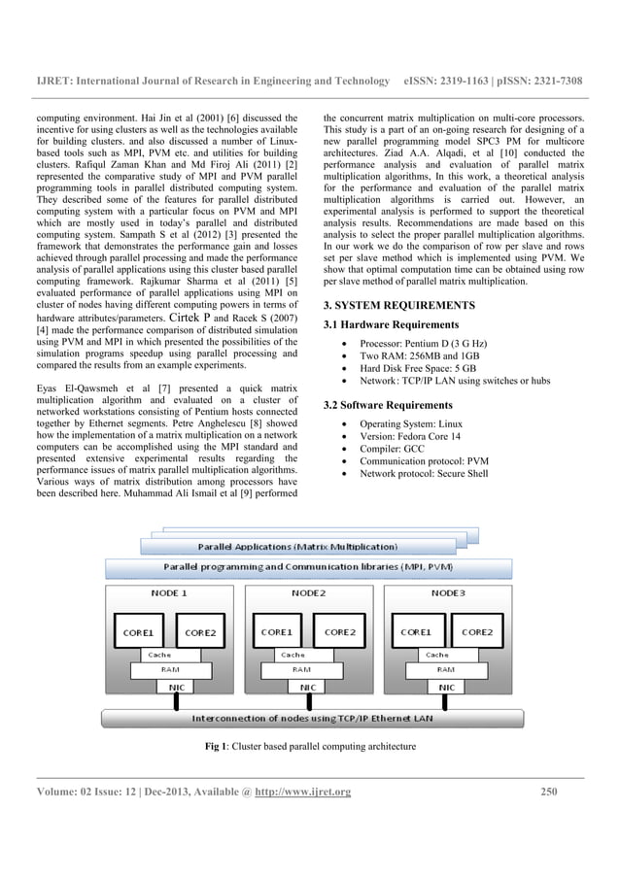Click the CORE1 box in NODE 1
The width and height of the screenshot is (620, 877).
(x=138, y=632)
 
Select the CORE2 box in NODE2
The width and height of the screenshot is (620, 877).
(x=339, y=632)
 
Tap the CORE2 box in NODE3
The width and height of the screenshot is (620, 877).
(x=476, y=632)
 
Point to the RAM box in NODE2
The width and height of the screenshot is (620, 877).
(x=302, y=669)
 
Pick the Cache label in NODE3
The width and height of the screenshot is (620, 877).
(x=436, y=655)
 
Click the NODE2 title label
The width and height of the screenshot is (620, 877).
(x=308, y=591)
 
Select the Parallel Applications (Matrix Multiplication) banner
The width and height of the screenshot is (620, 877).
(x=297, y=547)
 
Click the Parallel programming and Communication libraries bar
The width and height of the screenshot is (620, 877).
(x=307, y=566)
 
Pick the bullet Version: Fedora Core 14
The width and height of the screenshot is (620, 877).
(x=412, y=437)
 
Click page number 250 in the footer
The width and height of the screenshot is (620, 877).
(x=551, y=792)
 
